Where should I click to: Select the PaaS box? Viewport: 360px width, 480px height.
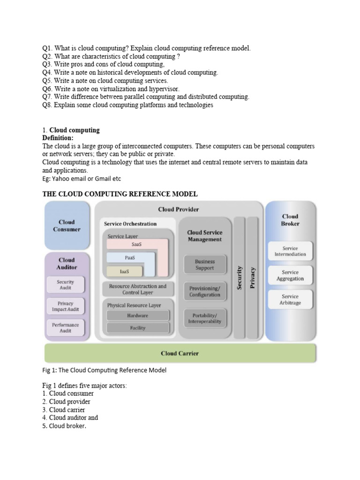[130, 257]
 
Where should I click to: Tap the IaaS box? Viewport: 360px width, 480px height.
[124, 271]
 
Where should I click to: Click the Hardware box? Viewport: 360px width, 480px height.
[137, 315]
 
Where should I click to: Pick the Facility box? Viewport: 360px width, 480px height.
[137, 328]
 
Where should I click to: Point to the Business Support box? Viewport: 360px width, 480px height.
[204, 265]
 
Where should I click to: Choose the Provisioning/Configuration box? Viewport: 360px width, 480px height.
[204, 292]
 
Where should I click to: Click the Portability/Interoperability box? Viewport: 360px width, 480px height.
[204, 318]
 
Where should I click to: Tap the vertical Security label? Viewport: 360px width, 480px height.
[239, 277]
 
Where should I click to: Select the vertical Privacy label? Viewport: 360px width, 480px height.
[253, 277]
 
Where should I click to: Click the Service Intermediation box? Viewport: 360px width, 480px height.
[290, 251]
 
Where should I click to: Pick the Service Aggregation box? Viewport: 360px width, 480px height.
[290, 275]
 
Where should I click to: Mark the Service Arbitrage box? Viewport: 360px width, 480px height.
[290, 300]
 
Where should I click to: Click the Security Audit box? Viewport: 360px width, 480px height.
[65, 285]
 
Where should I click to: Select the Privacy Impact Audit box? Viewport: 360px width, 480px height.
[65, 307]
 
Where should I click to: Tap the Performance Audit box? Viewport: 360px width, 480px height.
[65, 328]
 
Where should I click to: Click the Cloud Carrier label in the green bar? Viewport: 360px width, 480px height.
[180, 353]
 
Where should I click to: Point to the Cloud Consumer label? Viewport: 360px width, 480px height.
[67, 225]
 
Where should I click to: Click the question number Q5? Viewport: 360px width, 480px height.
[47, 81]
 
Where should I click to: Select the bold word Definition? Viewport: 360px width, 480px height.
[58, 138]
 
